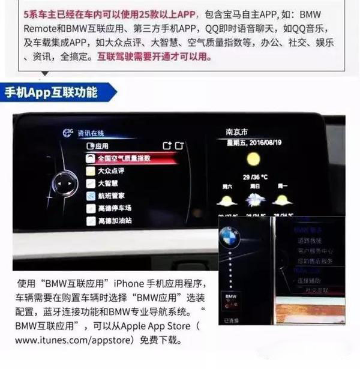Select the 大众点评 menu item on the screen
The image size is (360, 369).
113,171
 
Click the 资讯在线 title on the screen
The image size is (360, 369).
91,133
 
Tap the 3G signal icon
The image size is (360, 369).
67,132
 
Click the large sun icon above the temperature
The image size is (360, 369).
253,159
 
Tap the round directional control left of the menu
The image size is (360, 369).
65,183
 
